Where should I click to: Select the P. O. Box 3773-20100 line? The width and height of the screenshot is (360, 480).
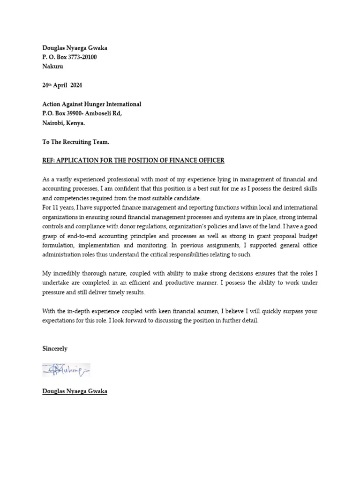[70, 57]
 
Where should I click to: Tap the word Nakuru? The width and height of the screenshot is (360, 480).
[53, 67]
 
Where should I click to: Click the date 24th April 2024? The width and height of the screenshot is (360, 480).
[62, 85]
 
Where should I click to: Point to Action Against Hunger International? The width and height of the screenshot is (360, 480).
[91, 104]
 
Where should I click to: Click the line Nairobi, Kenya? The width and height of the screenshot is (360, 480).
[64, 123]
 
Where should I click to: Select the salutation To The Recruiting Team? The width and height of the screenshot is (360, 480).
[75, 142]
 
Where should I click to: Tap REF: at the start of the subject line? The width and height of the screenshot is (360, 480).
[49, 160]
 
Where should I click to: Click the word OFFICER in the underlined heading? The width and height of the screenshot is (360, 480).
[210, 160]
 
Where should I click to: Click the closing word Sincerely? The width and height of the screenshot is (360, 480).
[55, 349]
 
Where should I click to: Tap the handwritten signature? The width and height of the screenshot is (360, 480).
[66, 371]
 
